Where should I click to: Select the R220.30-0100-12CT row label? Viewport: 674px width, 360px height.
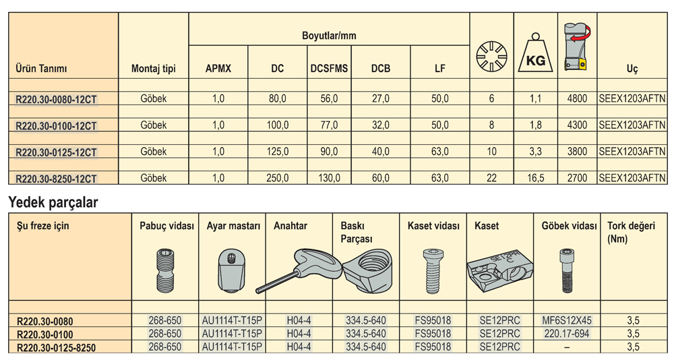click(57, 126)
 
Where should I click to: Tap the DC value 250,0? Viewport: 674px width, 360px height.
click(277, 178)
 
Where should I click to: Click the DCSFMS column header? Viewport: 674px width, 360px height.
click(329, 68)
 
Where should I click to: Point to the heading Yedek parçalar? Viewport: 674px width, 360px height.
click(53, 202)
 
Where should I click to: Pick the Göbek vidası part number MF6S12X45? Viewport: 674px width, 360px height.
click(567, 320)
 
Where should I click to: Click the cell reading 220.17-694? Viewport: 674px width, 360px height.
click(567, 334)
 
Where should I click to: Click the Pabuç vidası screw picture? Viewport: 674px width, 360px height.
click(165, 271)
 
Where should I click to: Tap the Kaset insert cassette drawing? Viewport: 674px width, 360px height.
click(499, 272)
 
